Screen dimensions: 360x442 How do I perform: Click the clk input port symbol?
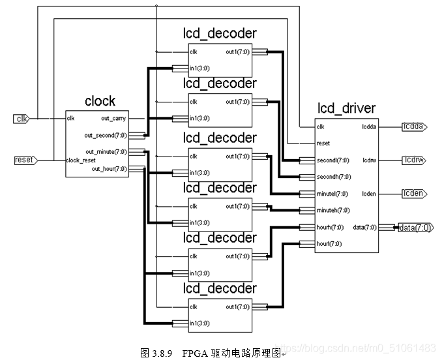click(x=22, y=118)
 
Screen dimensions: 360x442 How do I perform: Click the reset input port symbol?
click(x=23, y=160)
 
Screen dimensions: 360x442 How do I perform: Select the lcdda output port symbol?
click(x=414, y=127)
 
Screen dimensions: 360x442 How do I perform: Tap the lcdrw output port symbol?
click(x=414, y=160)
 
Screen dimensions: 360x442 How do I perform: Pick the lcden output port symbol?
click(x=414, y=194)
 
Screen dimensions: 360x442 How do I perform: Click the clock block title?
click(x=100, y=101)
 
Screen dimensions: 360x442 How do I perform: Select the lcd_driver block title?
click(x=346, y=108)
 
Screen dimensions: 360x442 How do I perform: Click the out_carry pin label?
click(x=113, y=118)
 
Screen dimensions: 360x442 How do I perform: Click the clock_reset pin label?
click(x=80, y=160)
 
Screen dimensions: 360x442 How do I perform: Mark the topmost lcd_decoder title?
click(x=220, y=33)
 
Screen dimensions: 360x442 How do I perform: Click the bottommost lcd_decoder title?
click(x=220, y=288)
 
